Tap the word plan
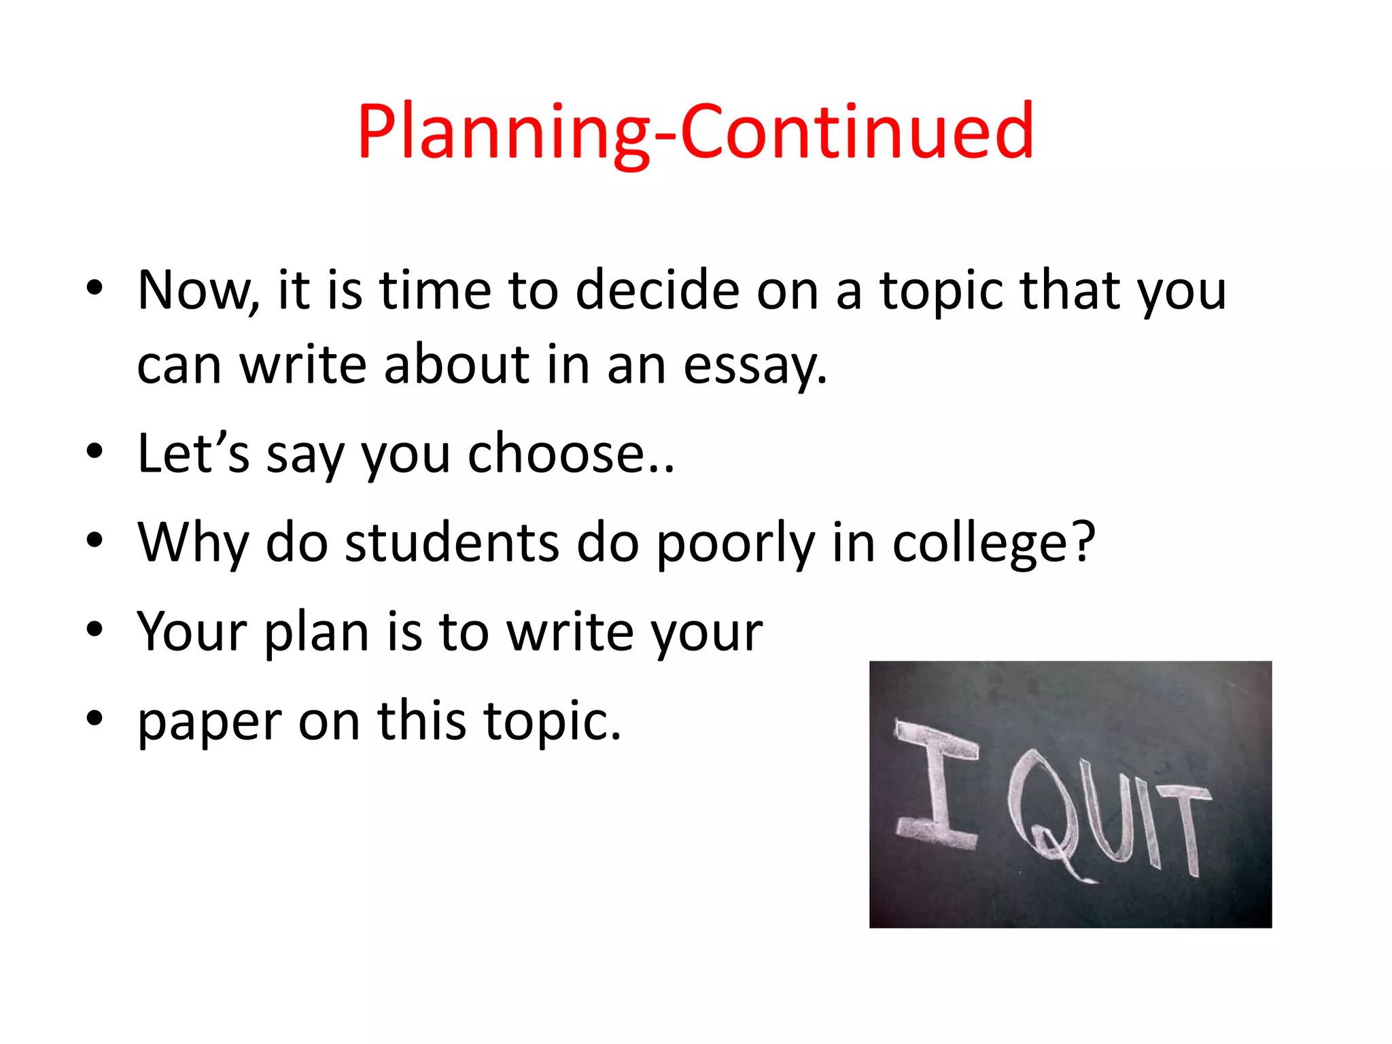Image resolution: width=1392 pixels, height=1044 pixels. click(x=317, y=632)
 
